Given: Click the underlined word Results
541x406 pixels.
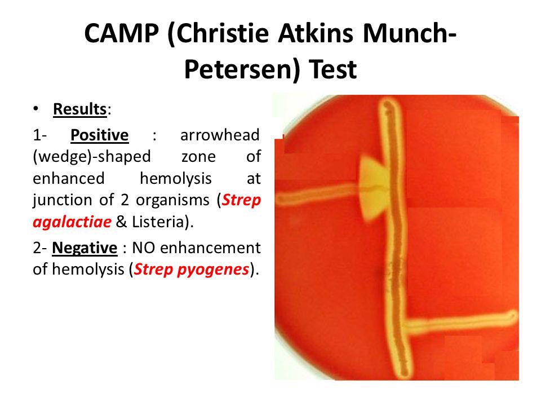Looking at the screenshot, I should click(x=80, y=109).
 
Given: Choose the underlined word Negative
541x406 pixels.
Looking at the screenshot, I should click(x=85, y=248).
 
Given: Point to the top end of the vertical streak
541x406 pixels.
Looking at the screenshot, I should click(x=389, y=104).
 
